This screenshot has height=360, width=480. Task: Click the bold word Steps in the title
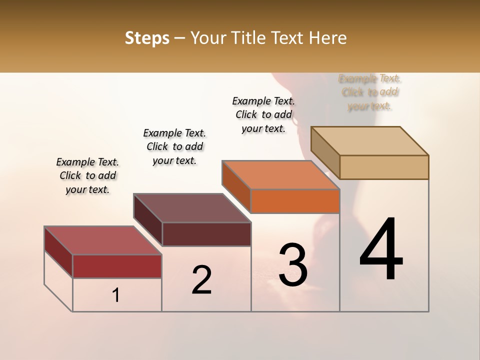pos(147,38)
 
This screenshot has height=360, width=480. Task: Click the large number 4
pos(381,250)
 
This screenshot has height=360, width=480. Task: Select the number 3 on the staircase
pos(292,265)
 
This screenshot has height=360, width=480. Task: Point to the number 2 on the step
pos(201,280)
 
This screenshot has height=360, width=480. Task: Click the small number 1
pos(116,295)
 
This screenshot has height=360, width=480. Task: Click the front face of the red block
pos(117,266)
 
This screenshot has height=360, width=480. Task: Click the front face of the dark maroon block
pos(206,234)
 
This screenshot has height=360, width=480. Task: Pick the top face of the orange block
pos(280,175)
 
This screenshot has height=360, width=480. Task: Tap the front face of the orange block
pos(295,201)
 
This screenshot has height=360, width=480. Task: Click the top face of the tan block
pos(370,141)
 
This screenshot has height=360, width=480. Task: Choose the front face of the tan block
pos(384,167)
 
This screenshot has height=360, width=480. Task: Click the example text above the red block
pos(87,175)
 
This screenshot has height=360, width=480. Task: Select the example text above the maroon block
pos(174,146)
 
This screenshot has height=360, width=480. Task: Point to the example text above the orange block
pos(263,114)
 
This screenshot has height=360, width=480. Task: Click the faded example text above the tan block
pos(370,92)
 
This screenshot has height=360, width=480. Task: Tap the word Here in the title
pos(329,38)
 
